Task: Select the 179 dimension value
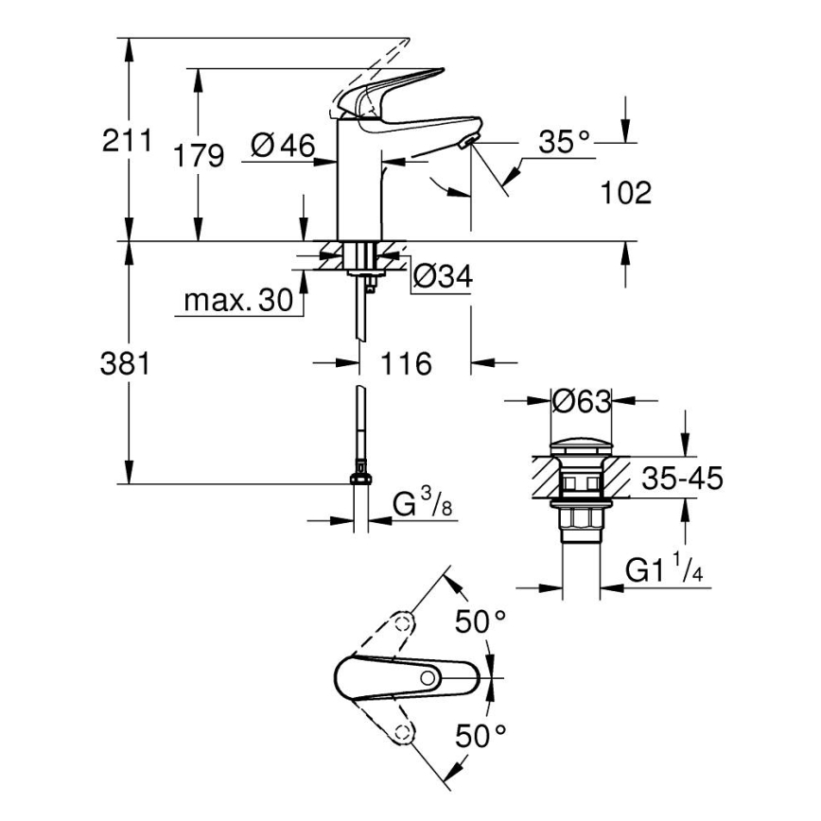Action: (x=200, y=155)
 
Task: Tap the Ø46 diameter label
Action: (x=283, y=146)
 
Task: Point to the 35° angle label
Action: (x=564, y=143)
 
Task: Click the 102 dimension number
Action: (x=626, y=194)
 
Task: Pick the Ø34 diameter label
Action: (x=443, y=277)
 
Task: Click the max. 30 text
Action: (x=238, y=302)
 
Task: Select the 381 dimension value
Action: (x=126, y=363)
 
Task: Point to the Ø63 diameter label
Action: (x=582, y=401)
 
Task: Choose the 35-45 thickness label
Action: (x=682, y=479)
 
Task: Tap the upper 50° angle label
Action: (x=480, y=621)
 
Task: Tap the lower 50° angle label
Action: (x=480, y=733)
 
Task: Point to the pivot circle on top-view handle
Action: (x=428, y=677)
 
